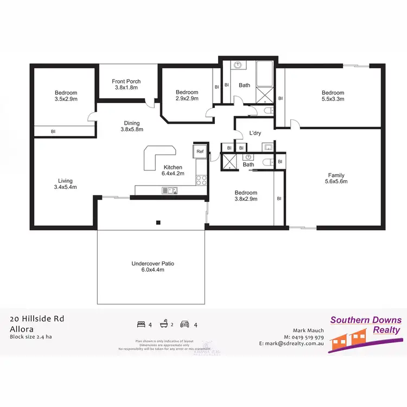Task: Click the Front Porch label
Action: [x=128, y=81]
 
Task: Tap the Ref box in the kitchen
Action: [x=200, y=151]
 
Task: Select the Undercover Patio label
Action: [x=152, y=264]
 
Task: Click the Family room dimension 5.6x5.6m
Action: [x=336, y=182]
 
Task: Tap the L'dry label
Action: [x=256, y=133]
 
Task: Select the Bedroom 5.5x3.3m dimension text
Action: [x=332, y=99]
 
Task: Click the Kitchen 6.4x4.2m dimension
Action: [x=172, y=174]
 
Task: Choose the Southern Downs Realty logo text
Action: [x=366, y=325]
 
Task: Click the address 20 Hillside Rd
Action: [x=37, y=319]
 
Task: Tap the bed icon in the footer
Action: [x=142, y=325]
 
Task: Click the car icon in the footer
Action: [x=185, y=325]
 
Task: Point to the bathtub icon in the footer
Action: [x=162, y=325]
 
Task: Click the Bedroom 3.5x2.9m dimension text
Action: [x=66, y=99]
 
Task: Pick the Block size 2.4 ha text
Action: [x=30, y=336]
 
